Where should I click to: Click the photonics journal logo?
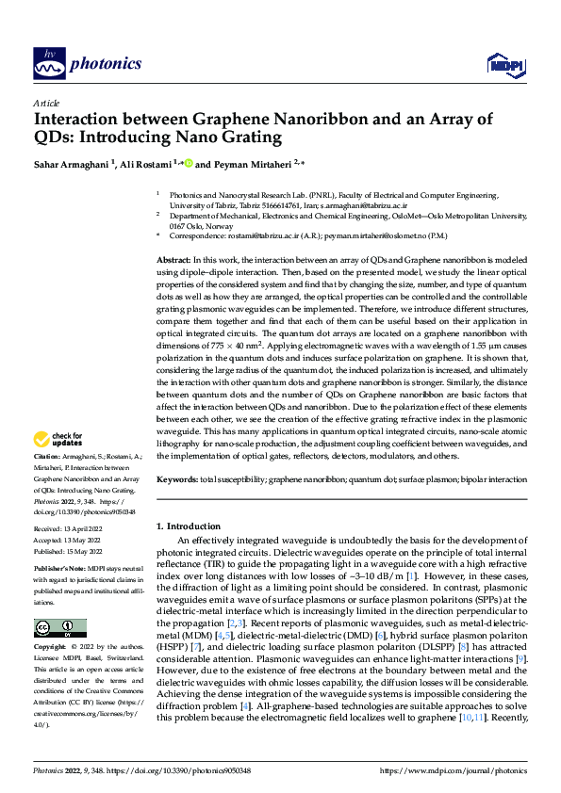tap(87, 63)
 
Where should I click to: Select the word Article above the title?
tap(46, 103)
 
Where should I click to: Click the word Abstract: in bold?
tap(173, 259)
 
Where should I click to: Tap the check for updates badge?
tap(58, 439)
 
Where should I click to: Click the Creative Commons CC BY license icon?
tap(59, 601)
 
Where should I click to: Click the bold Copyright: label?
tap(50, 622)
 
